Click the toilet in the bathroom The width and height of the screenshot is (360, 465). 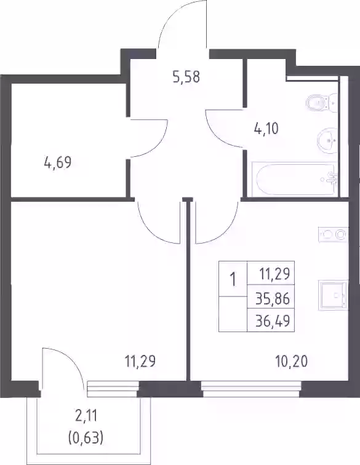[x=322, y=103]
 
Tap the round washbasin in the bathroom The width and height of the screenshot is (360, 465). [x=327, y=140]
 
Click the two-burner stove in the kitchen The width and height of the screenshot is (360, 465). [x=334, y=235]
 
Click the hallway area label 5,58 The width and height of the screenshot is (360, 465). [x=186, y=77]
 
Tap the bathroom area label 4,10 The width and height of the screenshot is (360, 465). [x=266, y=129]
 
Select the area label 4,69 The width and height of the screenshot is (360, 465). [x=58, y=162]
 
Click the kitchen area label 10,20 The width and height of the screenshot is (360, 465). [x=292, y=362]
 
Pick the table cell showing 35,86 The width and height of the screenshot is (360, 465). [x=271, y=298]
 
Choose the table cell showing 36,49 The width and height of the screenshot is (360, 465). [x=271, y=320]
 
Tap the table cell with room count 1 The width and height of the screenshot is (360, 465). [x=233, y=279]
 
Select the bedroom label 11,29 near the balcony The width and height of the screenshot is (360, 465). [x=140, y=362]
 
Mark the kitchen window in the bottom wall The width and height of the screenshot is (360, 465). [x=251, y=389]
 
